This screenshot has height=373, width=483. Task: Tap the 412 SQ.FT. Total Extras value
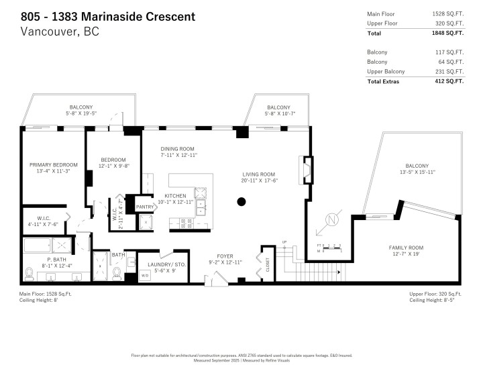tap(448, 81)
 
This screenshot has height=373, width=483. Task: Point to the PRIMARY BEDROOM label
tap(53, 165)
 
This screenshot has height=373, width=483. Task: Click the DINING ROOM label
tap(177, 148)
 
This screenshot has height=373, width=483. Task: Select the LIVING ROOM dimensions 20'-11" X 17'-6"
tap(259, 180)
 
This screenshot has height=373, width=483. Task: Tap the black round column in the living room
tap(241, 201)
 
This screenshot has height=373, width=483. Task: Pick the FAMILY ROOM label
tap(407, 247)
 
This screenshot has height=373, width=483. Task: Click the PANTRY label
tap(144, 207)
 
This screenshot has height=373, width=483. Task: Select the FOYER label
tap(217, 255)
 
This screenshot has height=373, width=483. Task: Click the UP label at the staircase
tap(284, 242)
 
